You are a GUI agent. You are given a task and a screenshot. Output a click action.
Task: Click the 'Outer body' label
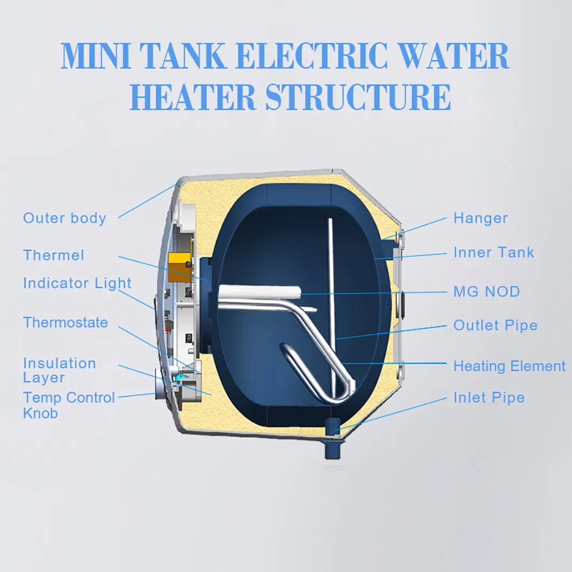click(x=65, y=218)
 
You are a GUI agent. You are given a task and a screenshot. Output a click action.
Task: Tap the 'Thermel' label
click(x=53, y=255)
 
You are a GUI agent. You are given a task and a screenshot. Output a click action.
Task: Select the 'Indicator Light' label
click(x=77, y=283)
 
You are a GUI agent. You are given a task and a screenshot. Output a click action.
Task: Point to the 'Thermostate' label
click(x=65, y=323)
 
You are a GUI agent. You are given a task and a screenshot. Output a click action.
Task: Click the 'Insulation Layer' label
click(x=59, y=370)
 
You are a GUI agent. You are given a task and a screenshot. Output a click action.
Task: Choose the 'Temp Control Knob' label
click(x=69, y=405)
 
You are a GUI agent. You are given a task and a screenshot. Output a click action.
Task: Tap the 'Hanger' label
click(x=480, y=219)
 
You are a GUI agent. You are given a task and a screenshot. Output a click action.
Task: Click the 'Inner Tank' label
click(x=494, y=253)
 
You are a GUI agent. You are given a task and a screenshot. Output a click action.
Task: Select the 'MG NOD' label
click(x=487, y=292)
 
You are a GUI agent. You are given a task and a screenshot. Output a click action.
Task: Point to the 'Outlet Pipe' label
click(x=495, y=325)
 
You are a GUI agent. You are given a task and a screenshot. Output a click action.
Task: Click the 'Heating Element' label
click(x=509, y=366)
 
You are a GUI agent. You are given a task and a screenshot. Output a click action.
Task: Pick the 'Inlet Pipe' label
click(x=489, y=398)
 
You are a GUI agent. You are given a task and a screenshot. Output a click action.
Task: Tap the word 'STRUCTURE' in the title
click(x=358, y=97)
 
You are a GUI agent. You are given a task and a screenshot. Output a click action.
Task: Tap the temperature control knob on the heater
click(x=160, y=389)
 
